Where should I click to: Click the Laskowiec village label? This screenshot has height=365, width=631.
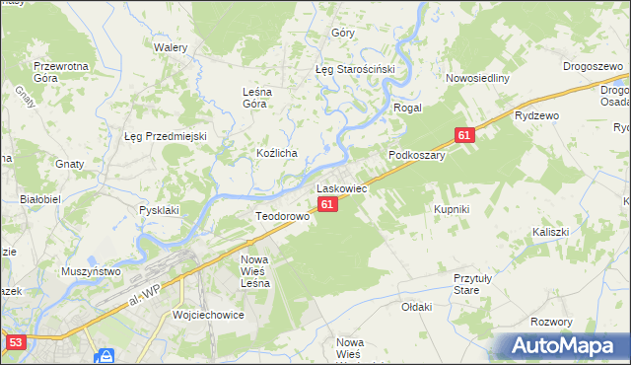[341, 187]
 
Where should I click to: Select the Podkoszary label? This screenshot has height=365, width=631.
[417, 155]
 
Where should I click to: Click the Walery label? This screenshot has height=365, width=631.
[171, 46]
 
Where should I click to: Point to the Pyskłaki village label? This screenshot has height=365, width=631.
[159, 210]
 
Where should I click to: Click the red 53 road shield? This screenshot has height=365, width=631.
[15, 342]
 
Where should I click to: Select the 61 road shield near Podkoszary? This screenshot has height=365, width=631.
[465, 135]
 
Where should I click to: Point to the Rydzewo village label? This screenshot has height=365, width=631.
[536, 114]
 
